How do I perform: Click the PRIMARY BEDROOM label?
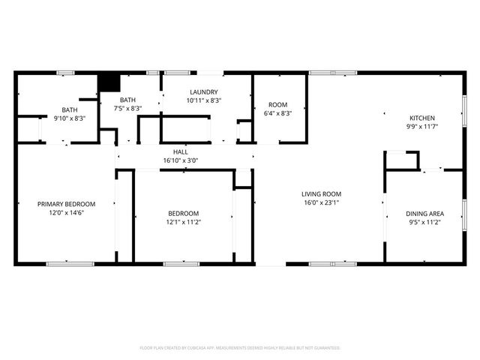[67, 204]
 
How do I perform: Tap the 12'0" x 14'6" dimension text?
[67, 213]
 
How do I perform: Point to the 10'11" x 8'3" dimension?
[203, 100]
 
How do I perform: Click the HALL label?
[181, 151]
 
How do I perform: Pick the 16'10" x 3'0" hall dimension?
[181, 160]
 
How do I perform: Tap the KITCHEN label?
[421, 118]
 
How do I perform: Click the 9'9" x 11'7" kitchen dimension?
[421, 127]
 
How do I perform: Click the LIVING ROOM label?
[322, 193]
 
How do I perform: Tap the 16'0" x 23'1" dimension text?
[322, 202]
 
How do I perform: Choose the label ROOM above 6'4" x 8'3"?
[277, 104]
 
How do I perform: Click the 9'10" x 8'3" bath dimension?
[69, 118]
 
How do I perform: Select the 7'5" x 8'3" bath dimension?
[128, 109]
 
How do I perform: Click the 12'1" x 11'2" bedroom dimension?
[184, 222]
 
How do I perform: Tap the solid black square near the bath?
[109, 82]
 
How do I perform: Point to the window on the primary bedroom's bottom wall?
[70, 263]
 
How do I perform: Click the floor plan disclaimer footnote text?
[240, 348]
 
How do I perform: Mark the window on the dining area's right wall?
[463, 217]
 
